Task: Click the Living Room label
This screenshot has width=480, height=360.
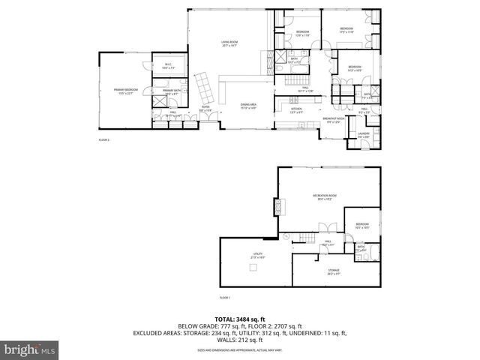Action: click(x=229, y=43)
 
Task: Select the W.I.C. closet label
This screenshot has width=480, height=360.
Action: click(x=168, y=65)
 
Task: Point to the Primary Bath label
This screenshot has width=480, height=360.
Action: click(x=172, y=91)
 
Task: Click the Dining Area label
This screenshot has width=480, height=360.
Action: click(x=247, y=106)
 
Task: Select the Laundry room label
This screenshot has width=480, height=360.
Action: click(x=363, y=135)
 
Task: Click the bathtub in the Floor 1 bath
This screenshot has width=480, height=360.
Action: click(x=373, y=252)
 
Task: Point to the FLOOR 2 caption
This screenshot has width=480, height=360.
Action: click(x=104, y=140)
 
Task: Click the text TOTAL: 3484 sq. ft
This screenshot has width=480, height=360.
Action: click(x=241, y=319)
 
